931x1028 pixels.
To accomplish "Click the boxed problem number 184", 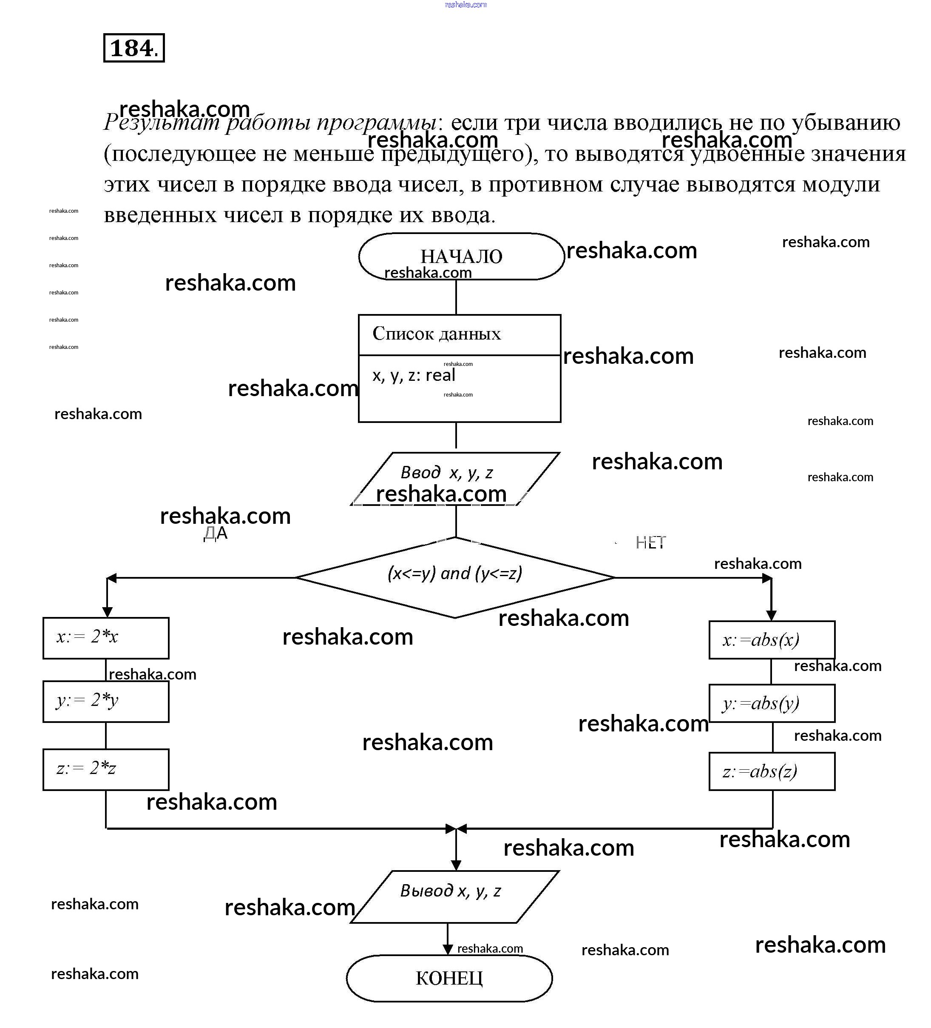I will [133, 48].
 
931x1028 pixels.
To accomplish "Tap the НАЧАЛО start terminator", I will [461, 257].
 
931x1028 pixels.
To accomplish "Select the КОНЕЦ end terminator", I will [449, 978].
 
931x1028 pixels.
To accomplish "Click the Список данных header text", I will [437, 334].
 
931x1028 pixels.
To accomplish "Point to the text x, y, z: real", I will [414, 375].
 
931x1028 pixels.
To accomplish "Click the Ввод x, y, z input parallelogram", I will [455, 478].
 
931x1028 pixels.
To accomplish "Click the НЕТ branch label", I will [650, 543].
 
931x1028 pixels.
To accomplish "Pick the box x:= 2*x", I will [106, 638].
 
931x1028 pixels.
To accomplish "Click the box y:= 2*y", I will [106, 701].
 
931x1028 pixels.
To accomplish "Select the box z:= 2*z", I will [106, 769].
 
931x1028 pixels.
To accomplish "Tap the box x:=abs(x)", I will [772, 640].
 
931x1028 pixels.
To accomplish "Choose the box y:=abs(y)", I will [772, 703].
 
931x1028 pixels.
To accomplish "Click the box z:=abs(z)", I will [772, 771].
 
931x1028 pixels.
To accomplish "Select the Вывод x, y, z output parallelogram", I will [454, 897].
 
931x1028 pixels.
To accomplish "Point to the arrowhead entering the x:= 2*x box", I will [107, 612].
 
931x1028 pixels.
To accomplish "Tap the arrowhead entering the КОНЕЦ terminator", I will [447, 949].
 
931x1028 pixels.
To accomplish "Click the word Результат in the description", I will [162, 123].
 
